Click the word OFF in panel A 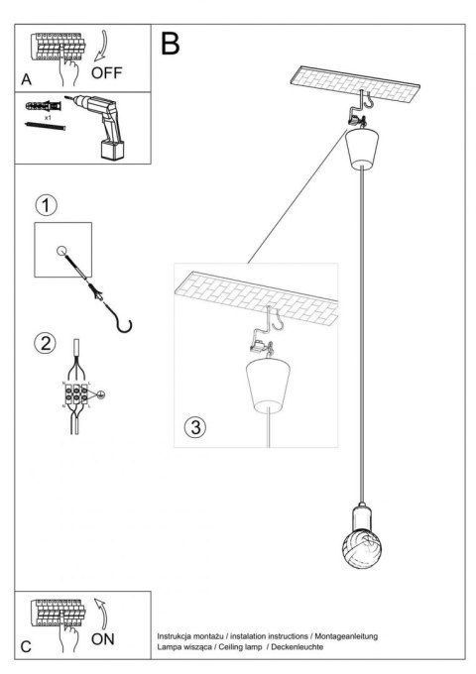point(108,72)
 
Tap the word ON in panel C point(103,639)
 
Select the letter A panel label point(25,77)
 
